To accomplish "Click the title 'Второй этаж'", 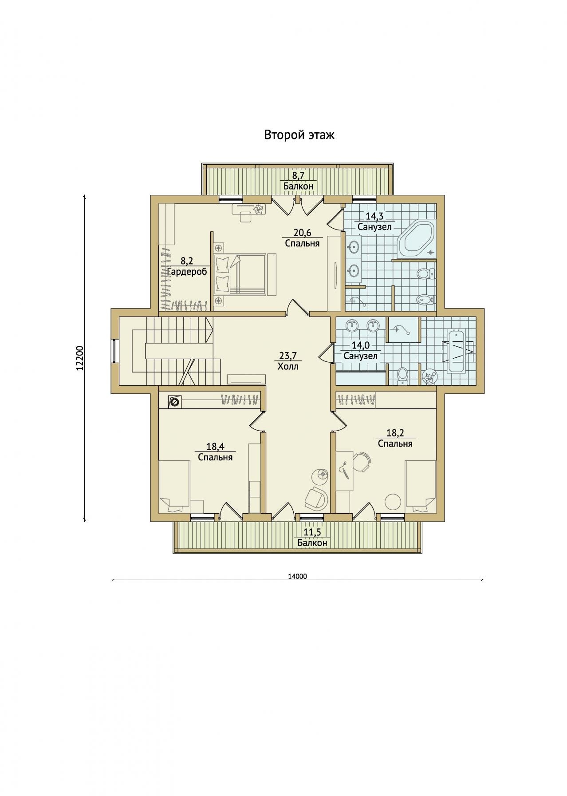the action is [x=299, y=135].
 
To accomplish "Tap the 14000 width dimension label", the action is [x=297, y=576].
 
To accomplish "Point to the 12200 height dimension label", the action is [x=79, y=358].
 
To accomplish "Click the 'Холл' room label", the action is [x=288, y=367].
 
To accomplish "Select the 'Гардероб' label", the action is [x=187, y=272].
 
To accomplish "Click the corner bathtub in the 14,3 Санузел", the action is [x=416, y=239].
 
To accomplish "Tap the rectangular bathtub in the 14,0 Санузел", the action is [x=457, y=352].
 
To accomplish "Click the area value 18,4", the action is [x=215, y=447].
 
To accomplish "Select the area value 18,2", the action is [x=395, y=433].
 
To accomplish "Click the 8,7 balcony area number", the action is [x=299, y=176].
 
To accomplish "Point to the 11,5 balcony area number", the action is [x=312, y=532].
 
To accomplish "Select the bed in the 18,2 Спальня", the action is [x=421, y=486].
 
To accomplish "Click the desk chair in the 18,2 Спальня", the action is [x=362, y=462].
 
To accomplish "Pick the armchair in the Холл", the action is [x=316, y=498].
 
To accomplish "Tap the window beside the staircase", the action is [x=114, y=351].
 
